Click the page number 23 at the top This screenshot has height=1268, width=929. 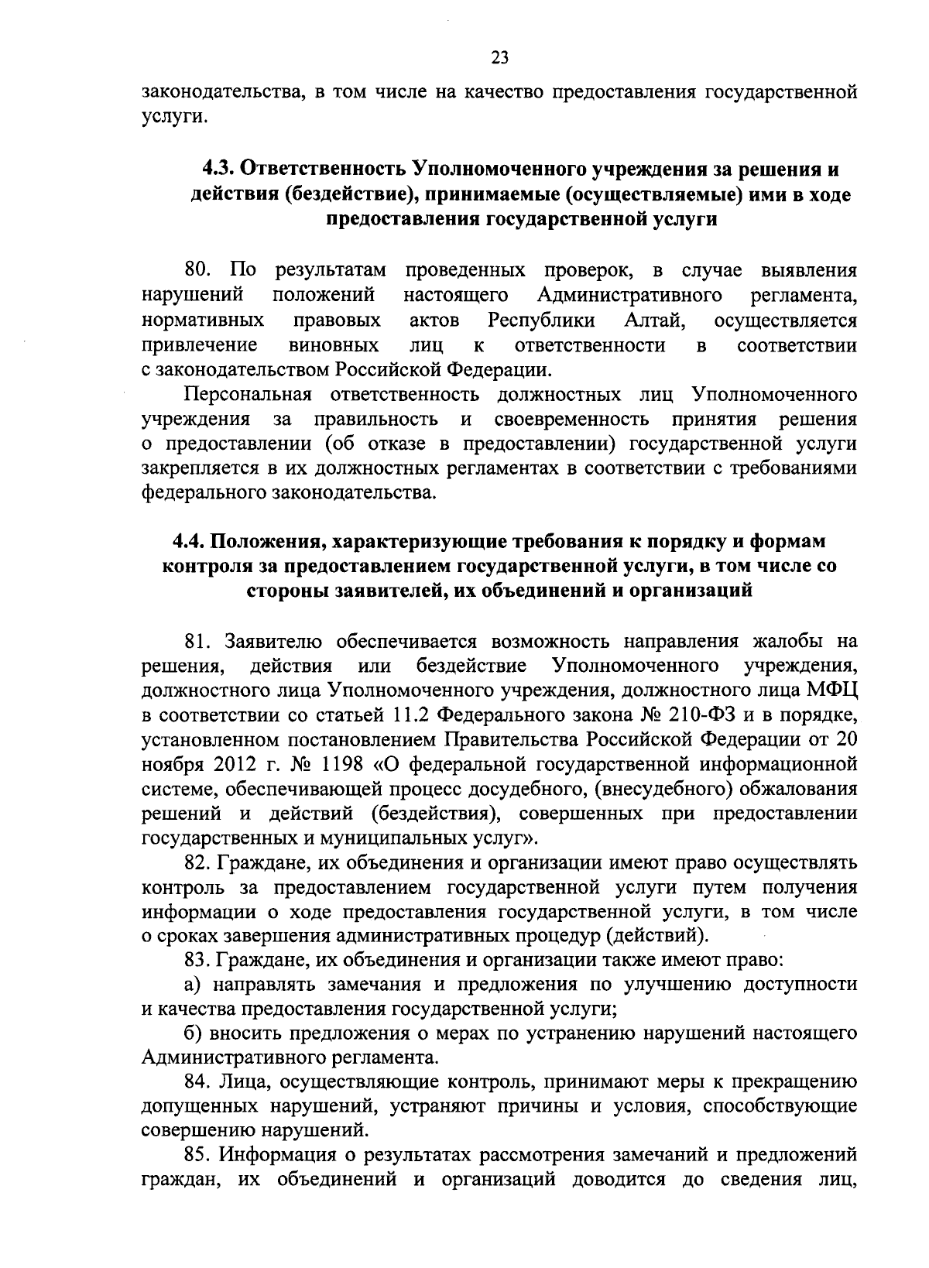[x=499, y=57]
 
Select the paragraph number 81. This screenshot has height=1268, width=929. [x=199, y=642]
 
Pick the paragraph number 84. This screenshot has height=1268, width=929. [x=198, y=1081]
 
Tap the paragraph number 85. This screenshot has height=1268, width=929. [x=198, y=1156]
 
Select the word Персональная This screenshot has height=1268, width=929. [x=247, y=396]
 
